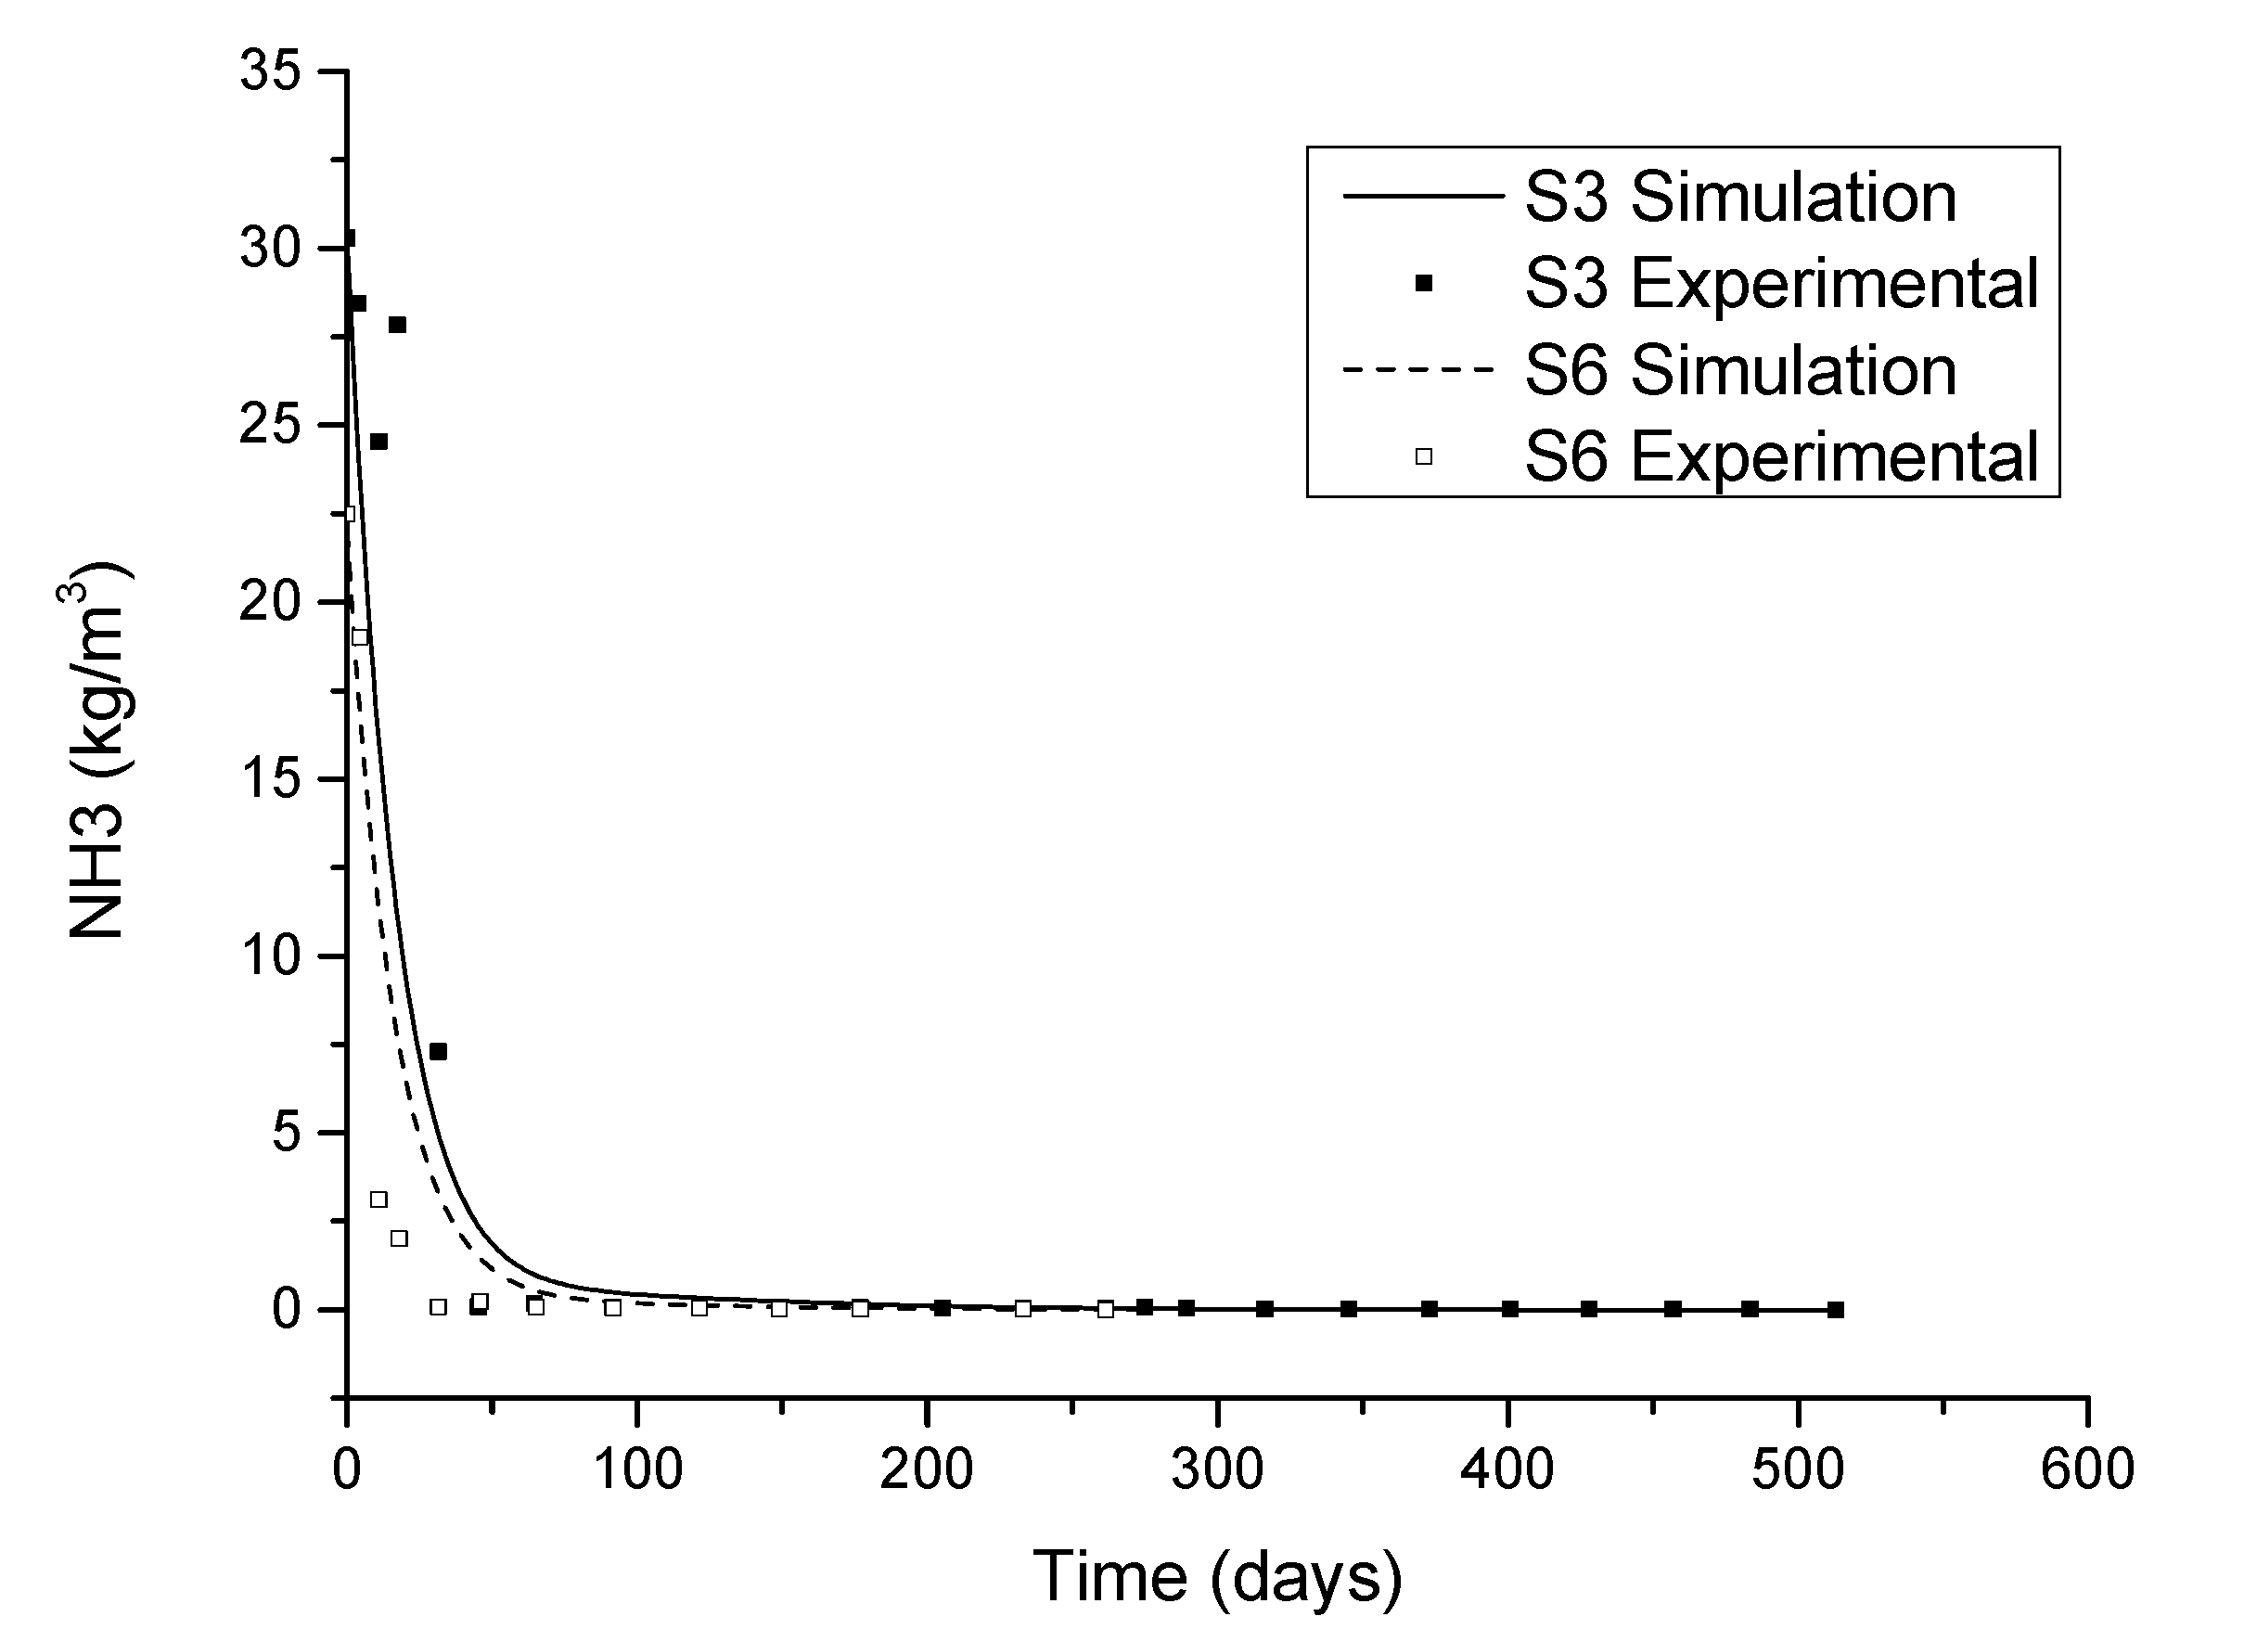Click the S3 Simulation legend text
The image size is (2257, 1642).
point(1739,197)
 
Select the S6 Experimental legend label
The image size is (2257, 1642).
point(1781,456)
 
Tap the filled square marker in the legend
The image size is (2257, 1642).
point(1424,284)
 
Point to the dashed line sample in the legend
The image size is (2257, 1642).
point(1421,370)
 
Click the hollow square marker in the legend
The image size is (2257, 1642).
point(1424,456)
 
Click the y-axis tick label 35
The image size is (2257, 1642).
point(270,71)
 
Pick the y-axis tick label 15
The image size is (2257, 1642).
point(270,779)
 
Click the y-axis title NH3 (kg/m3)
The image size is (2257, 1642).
point(96,751)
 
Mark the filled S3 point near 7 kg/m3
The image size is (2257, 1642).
point(438,1052)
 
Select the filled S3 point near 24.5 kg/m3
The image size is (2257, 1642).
point(379,442)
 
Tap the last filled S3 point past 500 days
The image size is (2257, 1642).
point(1836,1310)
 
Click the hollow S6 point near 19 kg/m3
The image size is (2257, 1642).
point(360,637)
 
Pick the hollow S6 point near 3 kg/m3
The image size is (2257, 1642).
point(379,1199)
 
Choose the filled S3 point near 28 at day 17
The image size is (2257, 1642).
point(397,325)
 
